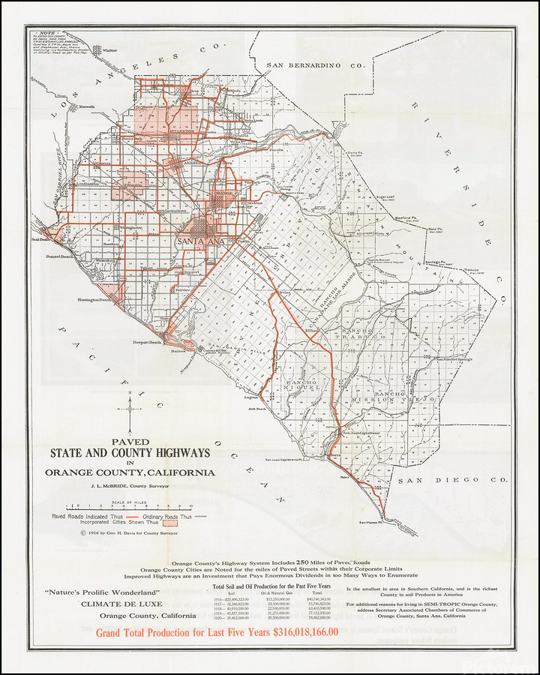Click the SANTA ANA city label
pyautogui.click(x=198, y=241)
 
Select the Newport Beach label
pyautogui.click(x=148, y=343)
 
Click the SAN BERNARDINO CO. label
pyautogui.click(x=316, y=66)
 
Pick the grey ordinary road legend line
pyautogui.click(x=202, y=517)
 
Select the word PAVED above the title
pyautogui.click(x=130, y=442)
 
